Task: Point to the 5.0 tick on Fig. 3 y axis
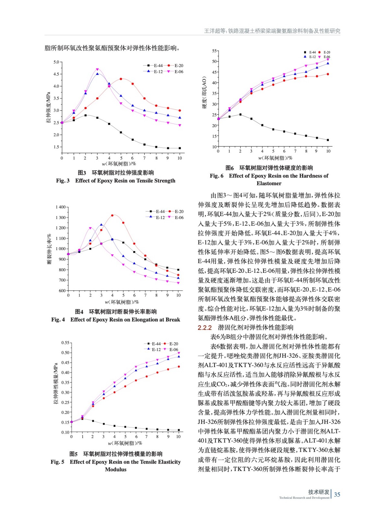pyautogui.click(x=56, y=62)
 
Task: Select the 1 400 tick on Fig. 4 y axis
pyautogui.click(x=60, y=207)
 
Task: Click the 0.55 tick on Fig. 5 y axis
pyautogui.click(x=65, y=343)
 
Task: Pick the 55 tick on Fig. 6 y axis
pyautogui.click(x=214, y=51)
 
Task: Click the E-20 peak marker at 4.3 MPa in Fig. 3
pyautogui.click(x=121, y=79)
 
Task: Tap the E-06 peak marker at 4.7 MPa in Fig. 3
pyautogui.click(x=97, y=69)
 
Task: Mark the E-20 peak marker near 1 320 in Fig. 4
pyautogui.click(x=112, y=215)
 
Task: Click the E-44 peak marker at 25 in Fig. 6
pyautogui.click(x=240, y=115)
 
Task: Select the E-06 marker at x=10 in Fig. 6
pyautogui.click(x=328, y=59)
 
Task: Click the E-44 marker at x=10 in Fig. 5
pyautogui.click(x=179, y=430)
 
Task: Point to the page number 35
pyautogui.click(x=337, y=494)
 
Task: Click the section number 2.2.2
pyautogui.click(x=205, y=328)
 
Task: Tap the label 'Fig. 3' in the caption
pyautogui.click(x=63, y=181)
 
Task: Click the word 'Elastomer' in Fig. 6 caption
pyautogui.click(x=269, y=183)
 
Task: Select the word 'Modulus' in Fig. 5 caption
pyautogui.click(x=115, y=469)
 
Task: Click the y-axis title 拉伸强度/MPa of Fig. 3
pyautogui.click(x=48, y=107)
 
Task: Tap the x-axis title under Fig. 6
pyautogui.click(x=275, y=158)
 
